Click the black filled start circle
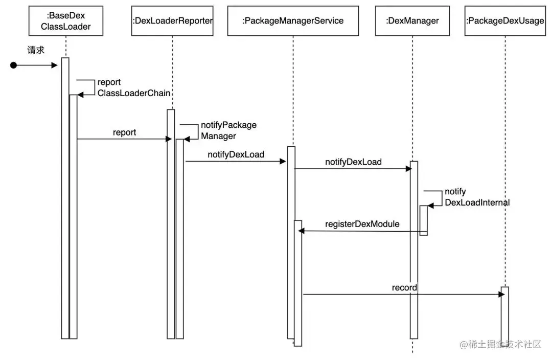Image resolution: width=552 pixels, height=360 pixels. (13, 65)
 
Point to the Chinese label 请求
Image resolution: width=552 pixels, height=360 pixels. (36, 50)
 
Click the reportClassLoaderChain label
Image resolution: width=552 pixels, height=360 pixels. (134, 88)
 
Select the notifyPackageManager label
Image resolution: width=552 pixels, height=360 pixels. (229, 130)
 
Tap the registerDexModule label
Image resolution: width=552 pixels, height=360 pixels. (362, 224)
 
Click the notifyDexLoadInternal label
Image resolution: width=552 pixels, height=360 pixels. (477, 197)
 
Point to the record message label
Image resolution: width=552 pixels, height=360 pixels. (404, 288)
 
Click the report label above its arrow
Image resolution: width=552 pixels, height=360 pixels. (124, 132)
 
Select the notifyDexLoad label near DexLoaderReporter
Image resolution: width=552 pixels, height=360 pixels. (236, 154)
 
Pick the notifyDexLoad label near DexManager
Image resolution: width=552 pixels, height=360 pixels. (354, 162)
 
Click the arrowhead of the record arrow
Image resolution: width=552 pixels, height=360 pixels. (502, 295)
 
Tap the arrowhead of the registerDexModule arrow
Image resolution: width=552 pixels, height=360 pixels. (302, 231)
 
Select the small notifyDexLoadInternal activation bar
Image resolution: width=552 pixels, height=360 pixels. (424, 220)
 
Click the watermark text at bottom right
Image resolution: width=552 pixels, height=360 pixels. (500, 344)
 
